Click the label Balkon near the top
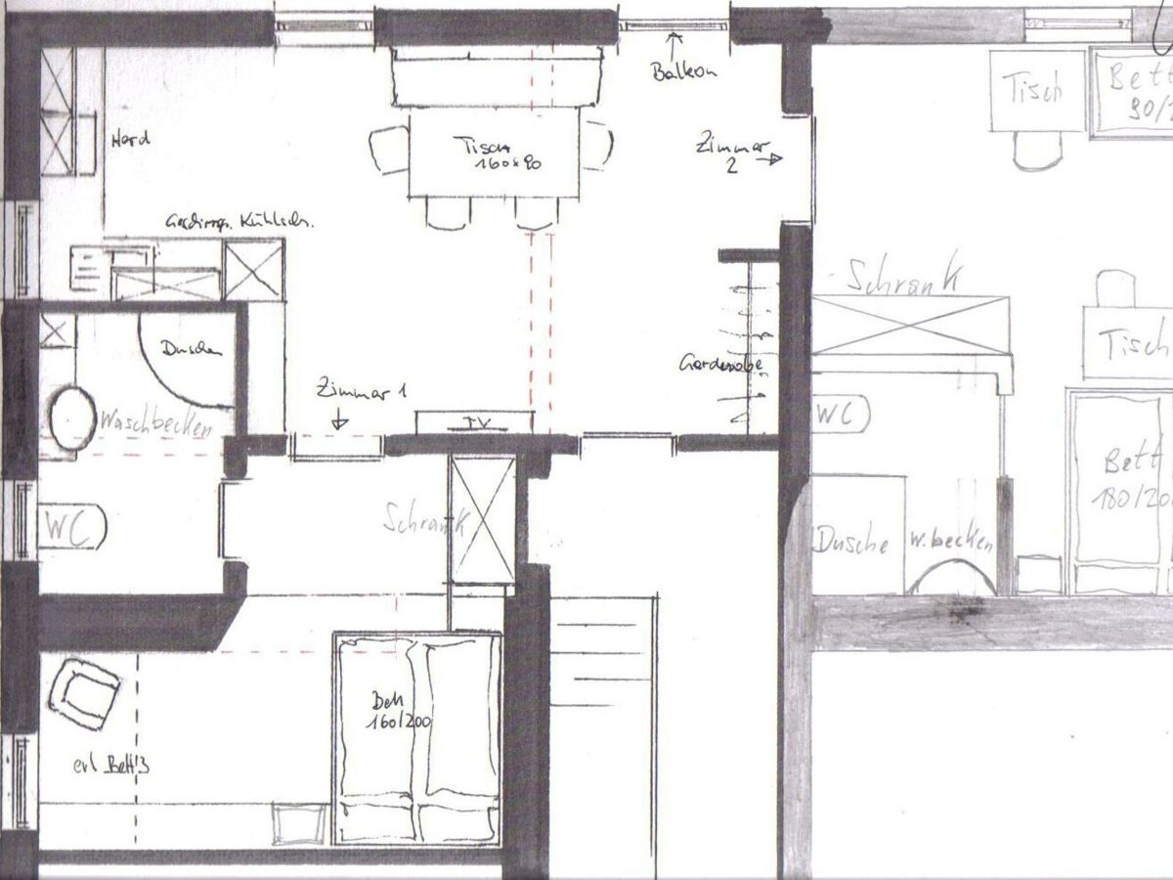tap(685, 71)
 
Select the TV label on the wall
tap(476, 422)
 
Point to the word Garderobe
tap(720, 365)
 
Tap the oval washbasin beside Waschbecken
tap(71, 418)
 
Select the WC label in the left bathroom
tap(71, 529)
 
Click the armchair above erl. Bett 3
tap(83, 693)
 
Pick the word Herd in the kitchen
tap(132, 139)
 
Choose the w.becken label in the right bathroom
tap(950, 541)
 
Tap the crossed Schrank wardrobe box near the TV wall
tap(482, 519)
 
